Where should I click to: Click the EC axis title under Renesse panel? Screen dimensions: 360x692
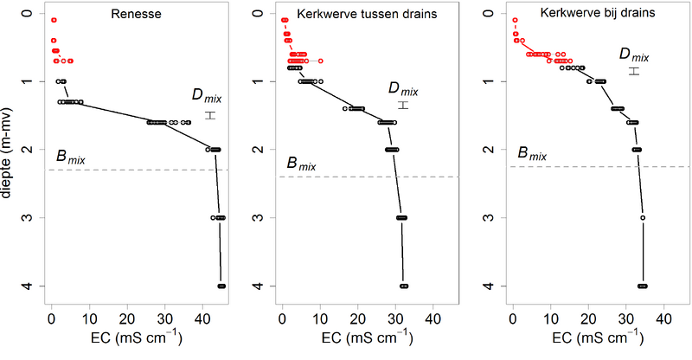(134, 336)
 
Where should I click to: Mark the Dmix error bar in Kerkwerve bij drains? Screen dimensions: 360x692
(633, 70)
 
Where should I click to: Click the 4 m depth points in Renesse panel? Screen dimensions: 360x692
(221, 286)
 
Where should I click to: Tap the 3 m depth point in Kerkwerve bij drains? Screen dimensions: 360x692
(643, 217)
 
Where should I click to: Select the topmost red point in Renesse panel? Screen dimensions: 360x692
(54, 20)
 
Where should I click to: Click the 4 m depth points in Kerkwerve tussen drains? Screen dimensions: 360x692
(404, 286)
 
